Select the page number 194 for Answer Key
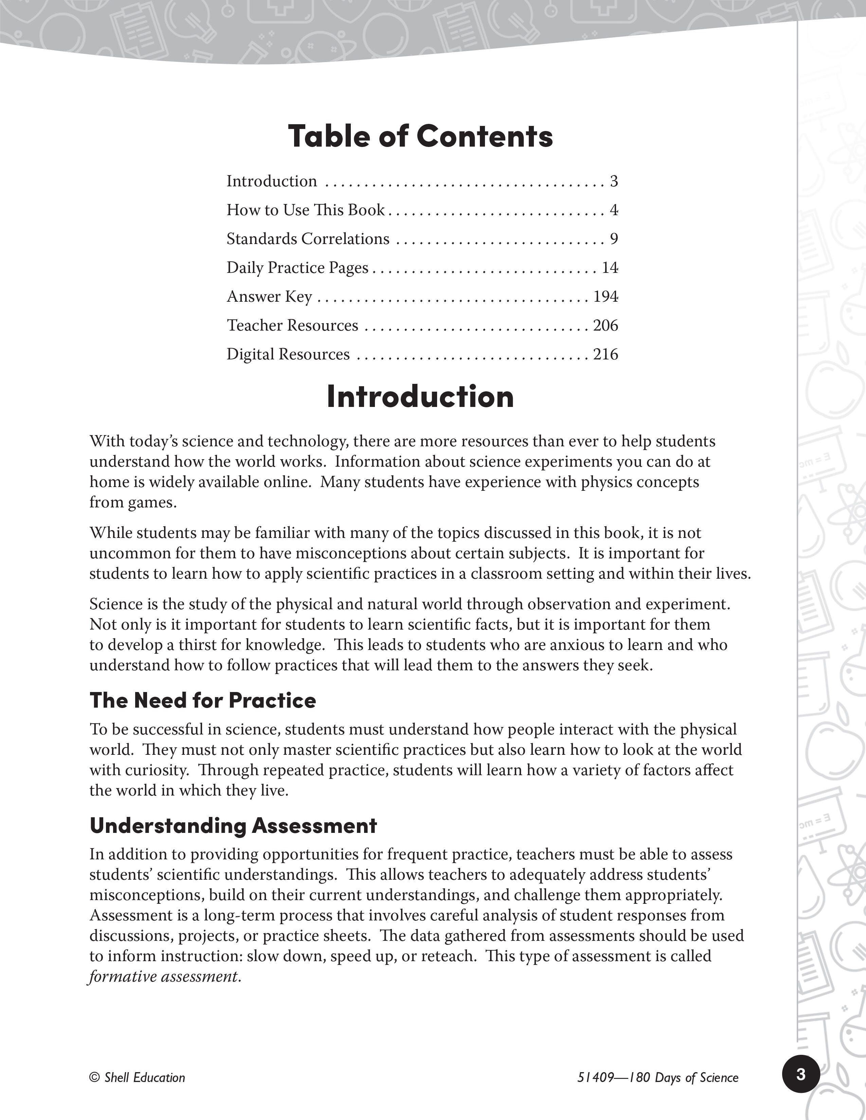tap(606, 296)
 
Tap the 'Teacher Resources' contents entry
tap(292, 325)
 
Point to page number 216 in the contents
tap(606, 354)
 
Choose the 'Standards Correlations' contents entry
tap(308, 239)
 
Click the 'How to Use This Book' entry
tap(305, 210)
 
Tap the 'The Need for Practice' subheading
tap(203, 700)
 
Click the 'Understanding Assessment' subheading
tap(233, 825)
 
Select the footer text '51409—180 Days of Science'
tap(658, 1078)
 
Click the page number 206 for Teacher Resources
tap(606, 325)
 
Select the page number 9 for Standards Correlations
tap(614, 239)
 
